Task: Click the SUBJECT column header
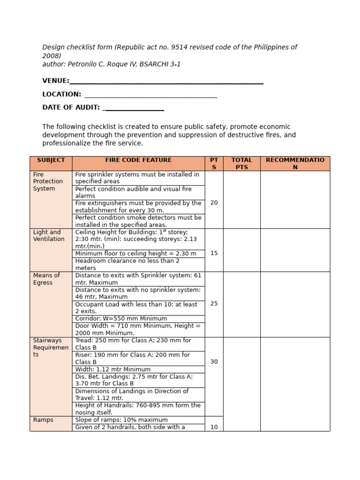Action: pyautogui.click(x=51, y=160)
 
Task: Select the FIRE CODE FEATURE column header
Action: pyautogui.click(x=138, y=160)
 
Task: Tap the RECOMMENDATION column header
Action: pyautogui.click(x=295, y=164)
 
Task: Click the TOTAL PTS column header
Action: pyautogui.click(x=241, y=164)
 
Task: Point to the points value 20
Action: pyautogui.click(x=214, y=203)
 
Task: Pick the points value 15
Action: pyautogui.click(x=214, y=253)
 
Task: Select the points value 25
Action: pyautogui.click(x=214, y=304)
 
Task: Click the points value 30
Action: pyautogui.click(x=214, y=362)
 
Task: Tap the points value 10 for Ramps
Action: pyautogui.click(x=214, y=427)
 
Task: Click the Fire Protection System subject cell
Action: pyautogui.click(x=48, y=181)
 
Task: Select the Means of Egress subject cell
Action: pyautogui.click(x=46, y=279)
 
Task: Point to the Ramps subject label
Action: pyautogui.click(x=43, y=420)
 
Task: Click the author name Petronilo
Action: pyautogui.click(x=83, y=64)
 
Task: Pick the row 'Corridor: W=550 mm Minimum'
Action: pyautogui.click(x=121, y=319)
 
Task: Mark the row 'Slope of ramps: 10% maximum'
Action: pyautogui.click(x=121, y=420)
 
